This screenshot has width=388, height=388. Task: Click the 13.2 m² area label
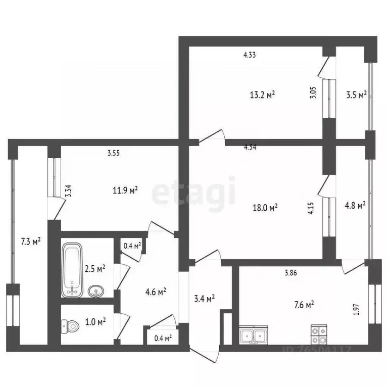click(x=262, y=94)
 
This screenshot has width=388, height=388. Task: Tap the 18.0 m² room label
click(x=266, y=207)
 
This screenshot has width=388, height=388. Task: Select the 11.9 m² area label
click(x=125, y=190)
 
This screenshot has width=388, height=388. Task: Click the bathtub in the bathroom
click(x=72, y=270)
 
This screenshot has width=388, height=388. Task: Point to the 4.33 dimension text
click(x=249, y=55)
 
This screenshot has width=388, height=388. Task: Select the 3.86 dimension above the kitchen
click(x=290, y=273)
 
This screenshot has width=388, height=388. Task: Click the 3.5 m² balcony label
click(x=356, y=94)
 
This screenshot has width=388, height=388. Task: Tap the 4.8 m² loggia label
click(x=355, y=205)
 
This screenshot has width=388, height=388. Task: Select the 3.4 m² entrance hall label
click(x=204, y=299)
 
